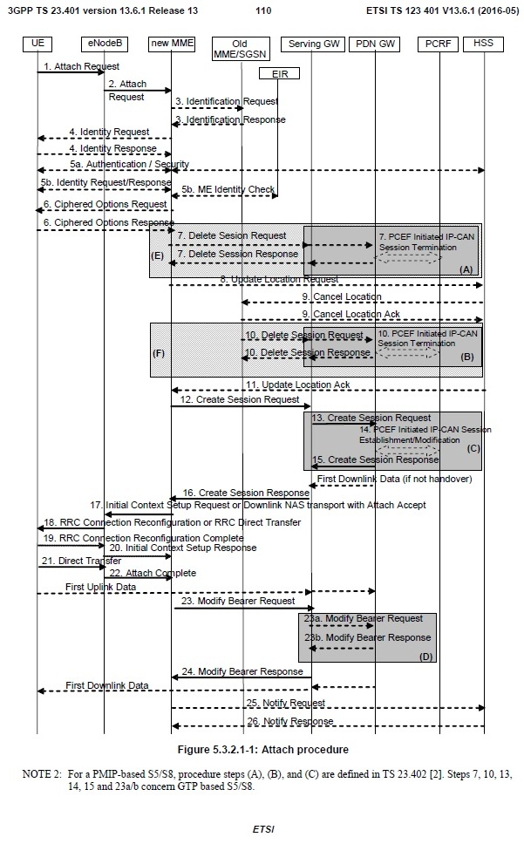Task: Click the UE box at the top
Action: pos(37,42)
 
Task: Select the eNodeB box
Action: pos(104,42)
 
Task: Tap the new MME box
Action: pos(171,42)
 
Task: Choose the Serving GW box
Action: pos(310,42)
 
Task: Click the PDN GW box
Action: pos(374,42)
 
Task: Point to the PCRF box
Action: pos(439,42)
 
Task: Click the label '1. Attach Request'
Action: pos(80,65)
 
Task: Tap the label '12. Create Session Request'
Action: pos(240,398)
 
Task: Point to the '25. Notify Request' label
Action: pos(285,702)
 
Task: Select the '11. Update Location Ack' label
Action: pos(285,384)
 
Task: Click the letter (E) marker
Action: pos(158,256)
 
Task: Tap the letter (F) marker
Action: pos(157,355)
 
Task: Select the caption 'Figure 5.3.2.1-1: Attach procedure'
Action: pos(262,750)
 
